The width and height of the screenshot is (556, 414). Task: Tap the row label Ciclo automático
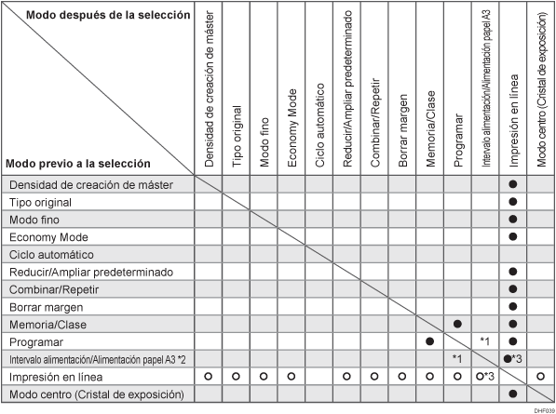[x=50, y=254]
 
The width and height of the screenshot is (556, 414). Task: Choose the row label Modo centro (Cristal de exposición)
[x=87, y=394]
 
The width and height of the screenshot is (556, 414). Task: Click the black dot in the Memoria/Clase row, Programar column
[x=458, y=324]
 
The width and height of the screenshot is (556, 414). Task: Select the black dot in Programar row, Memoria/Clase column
[x=430, y=341]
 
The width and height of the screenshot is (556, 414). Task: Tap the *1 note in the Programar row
[x=485, y=341]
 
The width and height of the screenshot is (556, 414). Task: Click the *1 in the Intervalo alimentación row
[x=457, y=359]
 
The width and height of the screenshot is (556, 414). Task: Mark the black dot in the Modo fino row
[x=513, y=220]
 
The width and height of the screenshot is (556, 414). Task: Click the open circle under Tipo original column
[x=236, y=377]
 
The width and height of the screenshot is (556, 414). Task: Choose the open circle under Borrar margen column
[x=402, y=377]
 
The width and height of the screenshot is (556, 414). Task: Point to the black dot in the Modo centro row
[x=513, y=394]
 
